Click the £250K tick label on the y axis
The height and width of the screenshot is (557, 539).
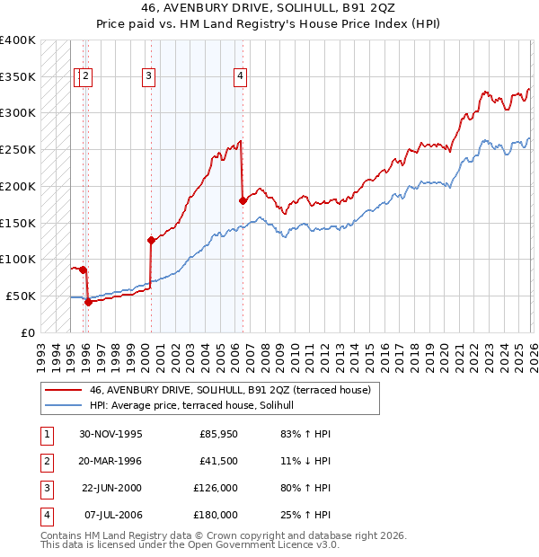coord(18,150)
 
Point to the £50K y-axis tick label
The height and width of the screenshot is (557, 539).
coord(21,296)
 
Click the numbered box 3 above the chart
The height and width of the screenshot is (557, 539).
coord(148,77)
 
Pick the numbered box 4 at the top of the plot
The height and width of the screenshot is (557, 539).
coord(240,77)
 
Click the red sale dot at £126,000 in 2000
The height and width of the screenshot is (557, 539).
coord(151,240)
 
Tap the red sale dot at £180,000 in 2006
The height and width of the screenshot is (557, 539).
coord(243,200)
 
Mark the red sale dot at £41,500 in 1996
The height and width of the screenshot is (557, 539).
coord(88,302)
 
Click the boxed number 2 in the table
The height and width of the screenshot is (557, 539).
coord(45,461)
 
